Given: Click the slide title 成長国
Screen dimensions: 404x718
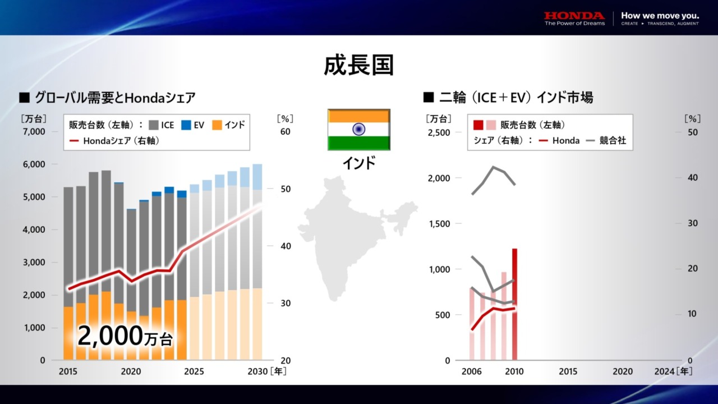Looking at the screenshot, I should [x=359, y=66].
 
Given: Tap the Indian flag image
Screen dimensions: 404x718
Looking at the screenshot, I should [x=359, y=130].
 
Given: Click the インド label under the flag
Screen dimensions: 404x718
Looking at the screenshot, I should [x=359, y=163].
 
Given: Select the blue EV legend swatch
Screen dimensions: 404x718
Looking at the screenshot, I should [x=186, y=125].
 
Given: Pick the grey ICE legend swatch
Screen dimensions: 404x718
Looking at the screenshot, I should [x=154, y=125].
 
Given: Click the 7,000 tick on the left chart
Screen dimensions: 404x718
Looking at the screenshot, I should [x=34, y=132].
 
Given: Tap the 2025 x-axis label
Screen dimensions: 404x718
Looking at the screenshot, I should [x=194, y=371].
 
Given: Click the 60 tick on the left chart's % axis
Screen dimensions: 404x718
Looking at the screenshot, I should [x=285, y=132].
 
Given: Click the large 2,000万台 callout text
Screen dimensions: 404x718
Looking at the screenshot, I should [x=125, y=336].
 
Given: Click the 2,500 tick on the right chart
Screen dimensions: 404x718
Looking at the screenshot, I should [x=438, y=132].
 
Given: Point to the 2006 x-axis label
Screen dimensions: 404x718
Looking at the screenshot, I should [x=471, y=371].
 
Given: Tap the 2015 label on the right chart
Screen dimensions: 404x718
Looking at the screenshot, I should [x=568, y=371].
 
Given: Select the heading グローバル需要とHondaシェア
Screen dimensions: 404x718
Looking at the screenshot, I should [x=114, y=98].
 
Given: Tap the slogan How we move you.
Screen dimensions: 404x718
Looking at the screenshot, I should [x=660, y=16].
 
